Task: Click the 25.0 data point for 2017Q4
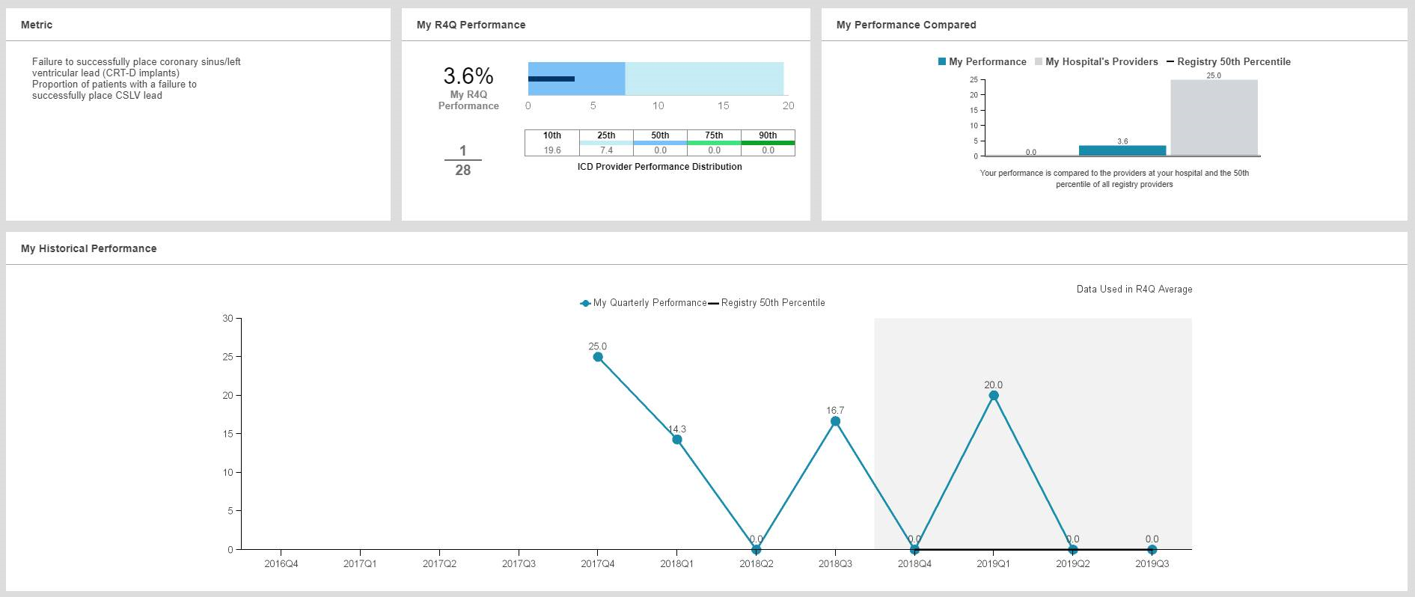[598, 357]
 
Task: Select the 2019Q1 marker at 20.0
[994, 396]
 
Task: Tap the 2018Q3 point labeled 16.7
[835, 421]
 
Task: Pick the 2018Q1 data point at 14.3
[677, 439]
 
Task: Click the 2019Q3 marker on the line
[1152, 550]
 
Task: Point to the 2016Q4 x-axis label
[281, 564]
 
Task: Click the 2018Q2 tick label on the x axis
[756, 564]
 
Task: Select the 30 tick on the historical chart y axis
[227, 319]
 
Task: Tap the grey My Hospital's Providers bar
[1214, 118]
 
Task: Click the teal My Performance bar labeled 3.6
[1122, 150]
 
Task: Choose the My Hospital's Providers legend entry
[1101, 62]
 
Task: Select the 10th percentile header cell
[552, 135]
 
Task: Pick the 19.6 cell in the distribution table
[552, 150]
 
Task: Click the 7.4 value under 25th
[606, 150]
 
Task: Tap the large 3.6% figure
[468, 76]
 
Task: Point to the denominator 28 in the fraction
[463, 171]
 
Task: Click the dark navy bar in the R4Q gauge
[551, 79]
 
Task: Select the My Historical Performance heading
[89, 248]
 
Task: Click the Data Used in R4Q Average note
[1134, 290]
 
